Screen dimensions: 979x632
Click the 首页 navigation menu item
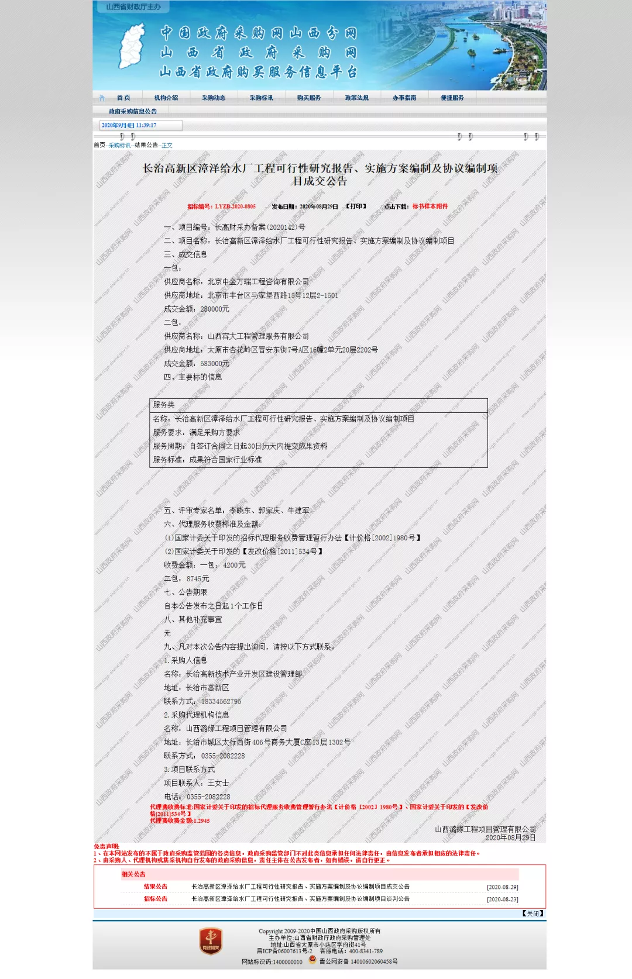[123, 98]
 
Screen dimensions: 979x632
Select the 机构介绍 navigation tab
[166, 98]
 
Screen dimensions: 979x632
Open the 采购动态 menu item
[214, 98]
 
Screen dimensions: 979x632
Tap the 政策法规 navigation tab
[356, 98]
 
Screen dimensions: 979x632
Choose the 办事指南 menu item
[404, 98]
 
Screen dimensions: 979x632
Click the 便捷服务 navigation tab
[452, 98]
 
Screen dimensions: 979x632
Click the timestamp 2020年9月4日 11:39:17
[129, 125]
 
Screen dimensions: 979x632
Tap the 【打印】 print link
[356, 206]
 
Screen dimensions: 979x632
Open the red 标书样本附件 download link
[430, 206]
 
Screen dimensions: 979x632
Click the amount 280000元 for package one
[215, 309]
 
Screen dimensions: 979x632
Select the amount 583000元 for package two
[215, 363]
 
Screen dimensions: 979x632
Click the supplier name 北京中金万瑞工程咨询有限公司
[258, 282]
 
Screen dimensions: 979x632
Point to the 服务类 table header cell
[164, 405]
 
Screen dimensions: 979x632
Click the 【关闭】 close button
[533, 913]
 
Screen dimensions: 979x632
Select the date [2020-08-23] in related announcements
[502, 899]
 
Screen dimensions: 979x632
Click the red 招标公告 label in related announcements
[156, 899]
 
